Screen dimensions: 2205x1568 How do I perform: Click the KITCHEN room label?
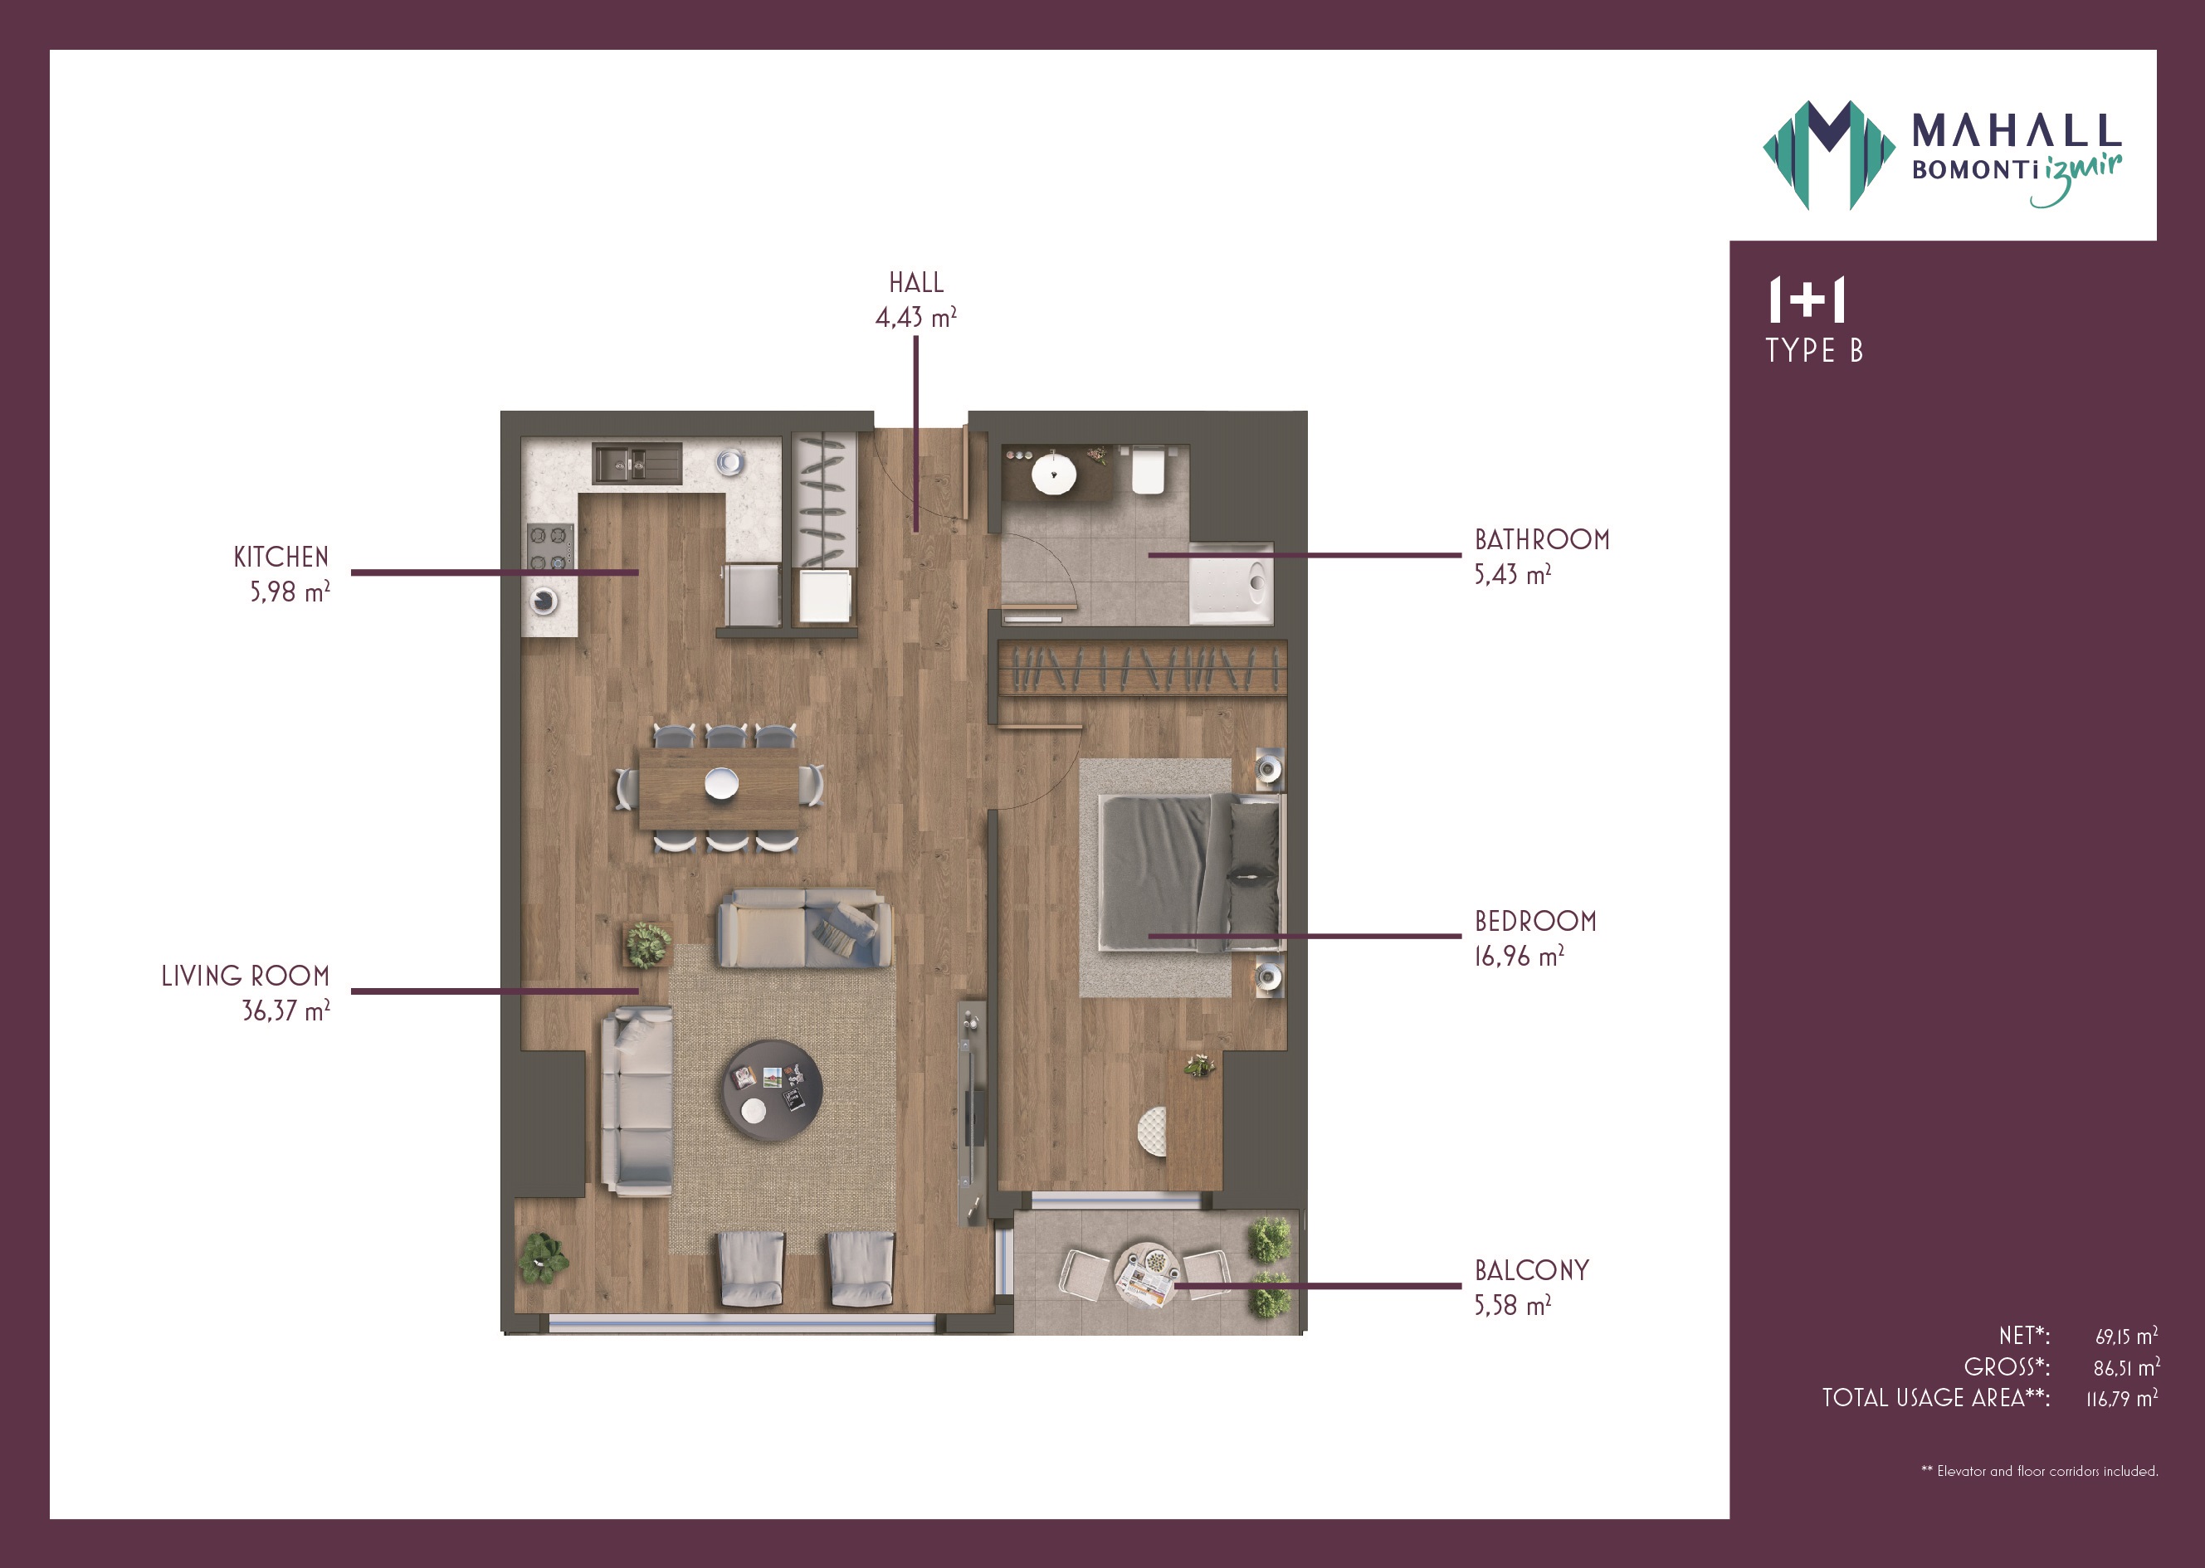281,558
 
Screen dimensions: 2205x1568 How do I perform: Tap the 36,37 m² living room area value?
285,1010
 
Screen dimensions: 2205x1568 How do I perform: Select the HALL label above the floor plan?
915,283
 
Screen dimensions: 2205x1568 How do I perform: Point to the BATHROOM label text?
1541,540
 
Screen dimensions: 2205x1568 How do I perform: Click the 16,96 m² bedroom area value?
1519,956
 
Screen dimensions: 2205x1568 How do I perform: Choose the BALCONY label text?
1531,1271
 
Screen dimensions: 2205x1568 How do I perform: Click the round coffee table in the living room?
773,1090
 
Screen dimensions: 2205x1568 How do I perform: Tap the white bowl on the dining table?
720,782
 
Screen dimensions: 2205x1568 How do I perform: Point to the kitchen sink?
637,464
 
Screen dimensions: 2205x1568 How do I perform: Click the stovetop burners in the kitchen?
549,548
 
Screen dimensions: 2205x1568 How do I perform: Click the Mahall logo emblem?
1828,154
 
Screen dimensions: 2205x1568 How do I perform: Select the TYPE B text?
1814,349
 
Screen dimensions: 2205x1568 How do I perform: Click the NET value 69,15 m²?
2126,1337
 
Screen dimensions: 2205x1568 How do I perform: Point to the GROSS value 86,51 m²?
2126,1367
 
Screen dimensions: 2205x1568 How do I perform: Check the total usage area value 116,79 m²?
2122,1398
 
